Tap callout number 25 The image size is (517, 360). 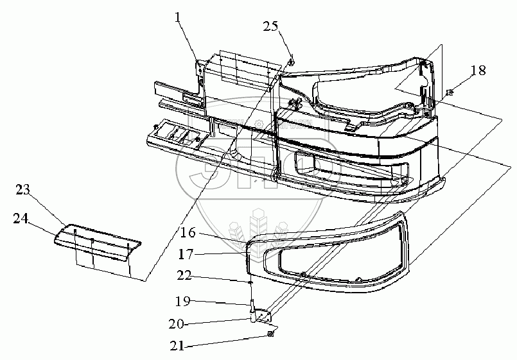tap(271, 26)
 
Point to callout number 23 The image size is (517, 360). tap(22, 190)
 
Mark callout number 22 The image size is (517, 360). tap(184, 277)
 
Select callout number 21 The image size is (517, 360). tap(178, 346)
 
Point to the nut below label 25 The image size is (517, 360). tap(291, 62)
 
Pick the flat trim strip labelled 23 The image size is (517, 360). tap(96, 243)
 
